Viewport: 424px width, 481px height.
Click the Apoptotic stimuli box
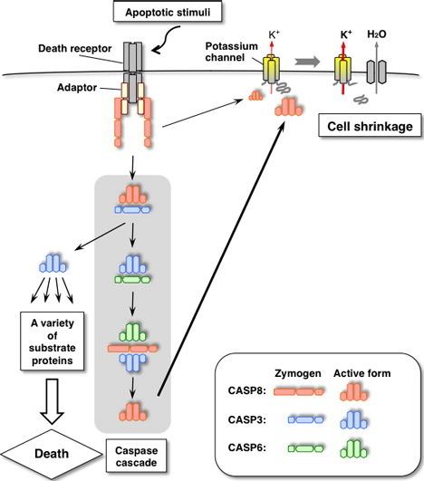(168, 13)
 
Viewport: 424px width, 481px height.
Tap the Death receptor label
(75, 49)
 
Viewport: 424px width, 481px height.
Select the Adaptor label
(77, 88)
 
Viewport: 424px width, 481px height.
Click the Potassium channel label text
(231, 52)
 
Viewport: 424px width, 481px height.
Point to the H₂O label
(377, 34)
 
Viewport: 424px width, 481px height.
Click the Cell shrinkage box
(370, 125)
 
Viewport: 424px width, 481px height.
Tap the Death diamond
(52, 454)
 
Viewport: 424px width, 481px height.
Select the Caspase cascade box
(136, 456)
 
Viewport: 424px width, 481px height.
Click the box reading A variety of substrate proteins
(53, 342)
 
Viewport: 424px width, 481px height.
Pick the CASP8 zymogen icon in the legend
(298, 391)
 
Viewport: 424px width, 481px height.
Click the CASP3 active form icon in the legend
(353, 419)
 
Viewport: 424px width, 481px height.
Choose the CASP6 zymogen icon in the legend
(305, 448)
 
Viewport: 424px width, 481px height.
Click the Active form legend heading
(362, 373)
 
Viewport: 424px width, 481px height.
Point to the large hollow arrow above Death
(52, 401)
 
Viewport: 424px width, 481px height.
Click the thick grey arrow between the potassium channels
(307, 62)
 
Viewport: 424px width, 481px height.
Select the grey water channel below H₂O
(377, 72)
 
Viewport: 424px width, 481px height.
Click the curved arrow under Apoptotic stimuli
(168, 39)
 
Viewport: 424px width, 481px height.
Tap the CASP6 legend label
(246, 447)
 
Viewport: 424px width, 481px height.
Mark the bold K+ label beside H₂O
(346, 34)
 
